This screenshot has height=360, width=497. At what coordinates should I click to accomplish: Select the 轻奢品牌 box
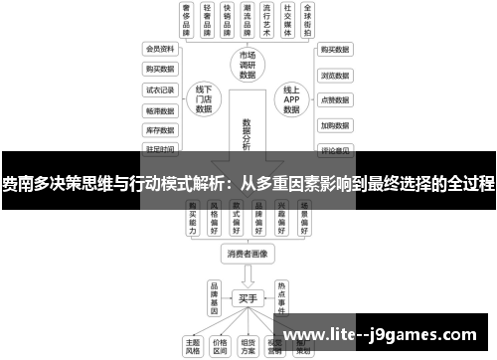tap(208, 20)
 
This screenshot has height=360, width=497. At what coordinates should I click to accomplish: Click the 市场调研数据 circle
tap(248, 63)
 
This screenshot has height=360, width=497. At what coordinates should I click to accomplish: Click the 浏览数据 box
tap(334, 75)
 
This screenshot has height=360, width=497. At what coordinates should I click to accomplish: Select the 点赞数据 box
tap(334, 100)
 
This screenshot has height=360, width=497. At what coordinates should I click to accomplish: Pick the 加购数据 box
tap(334, 126)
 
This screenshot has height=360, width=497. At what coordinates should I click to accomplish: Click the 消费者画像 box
tap(248, 253)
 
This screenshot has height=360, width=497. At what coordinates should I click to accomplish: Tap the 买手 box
tap(248, 297)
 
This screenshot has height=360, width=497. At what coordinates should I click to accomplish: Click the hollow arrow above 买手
tap(248, 274)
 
